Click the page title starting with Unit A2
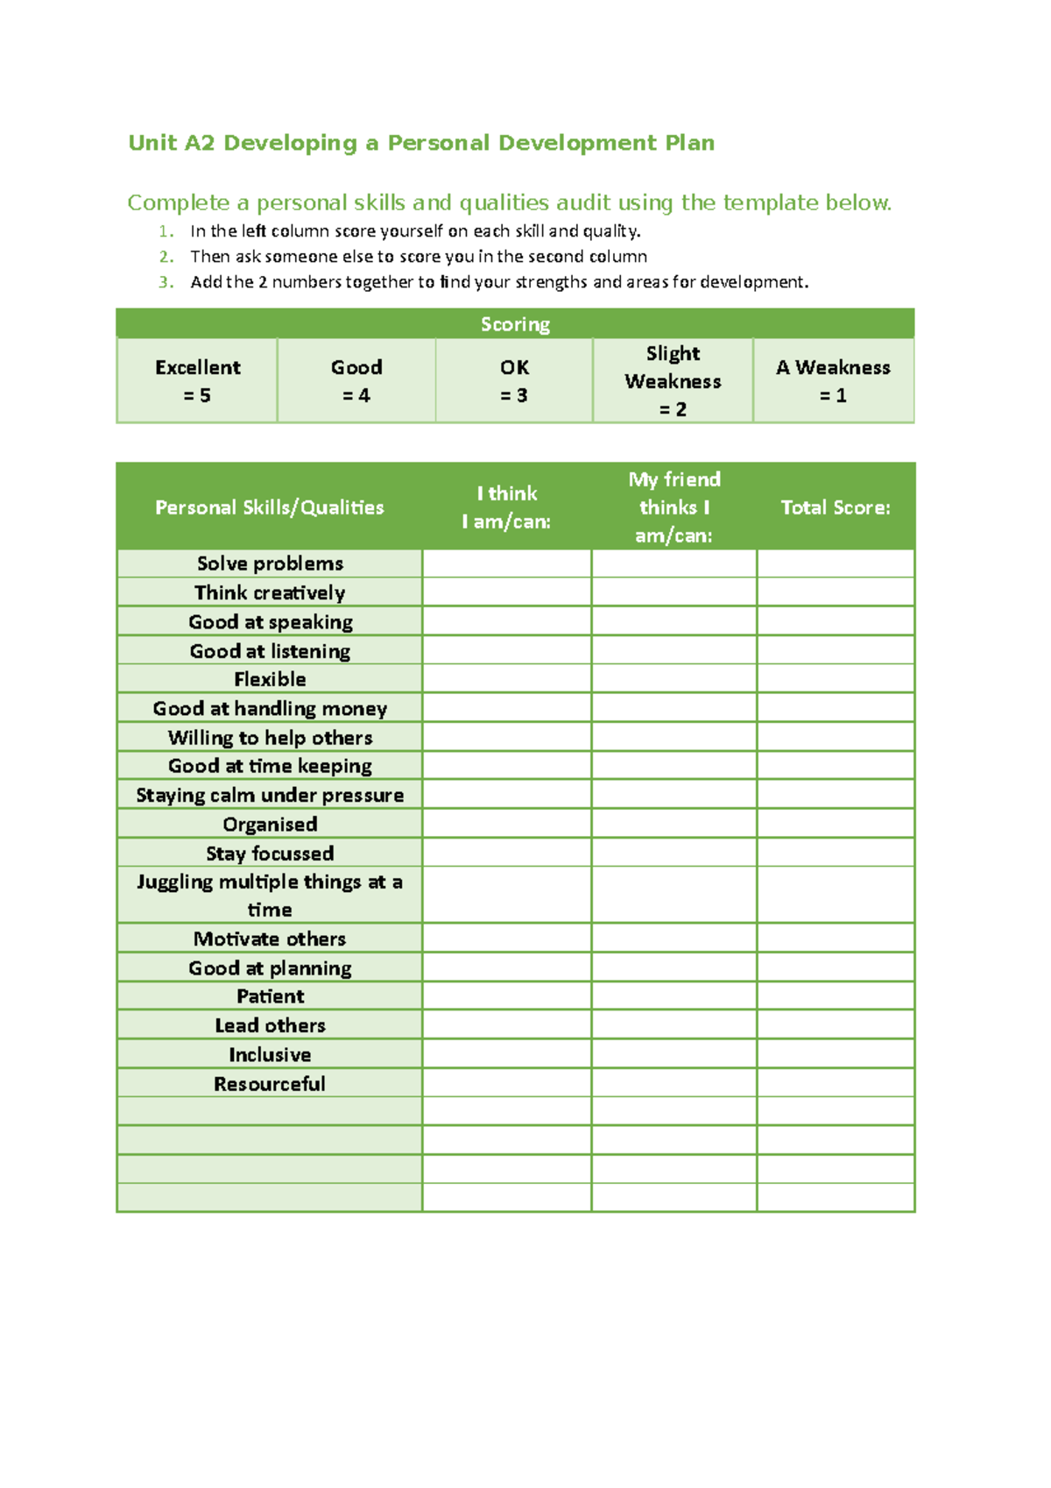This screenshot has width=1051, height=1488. click(421, 143)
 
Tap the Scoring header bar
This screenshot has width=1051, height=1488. click(515, 324)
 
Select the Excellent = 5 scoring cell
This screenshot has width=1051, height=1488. click(197, 381)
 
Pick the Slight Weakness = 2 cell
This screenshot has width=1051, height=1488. click(673, 381)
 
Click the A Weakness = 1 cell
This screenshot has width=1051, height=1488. click(833, 381)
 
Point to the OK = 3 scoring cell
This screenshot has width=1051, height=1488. click(514, 381)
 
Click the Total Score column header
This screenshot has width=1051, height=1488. click(836, 507)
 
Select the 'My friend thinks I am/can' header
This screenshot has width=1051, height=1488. click(674, 507)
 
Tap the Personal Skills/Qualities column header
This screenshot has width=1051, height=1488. click(270, 507)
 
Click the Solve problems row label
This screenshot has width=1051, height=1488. click(270, 563)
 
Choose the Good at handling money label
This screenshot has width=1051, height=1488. click(270, 708)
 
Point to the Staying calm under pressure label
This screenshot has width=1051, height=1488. click(270, 795)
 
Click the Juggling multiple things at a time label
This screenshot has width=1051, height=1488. click(270, 896)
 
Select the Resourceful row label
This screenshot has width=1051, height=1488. click(270, 1084)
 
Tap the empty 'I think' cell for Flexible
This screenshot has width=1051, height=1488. click(506, 679)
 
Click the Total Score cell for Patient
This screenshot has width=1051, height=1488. click(836, 996)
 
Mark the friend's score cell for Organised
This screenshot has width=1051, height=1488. click(674, 824)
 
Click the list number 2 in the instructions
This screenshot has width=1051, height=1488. click(166, 257)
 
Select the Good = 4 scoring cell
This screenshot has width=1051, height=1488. click(356, 381)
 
